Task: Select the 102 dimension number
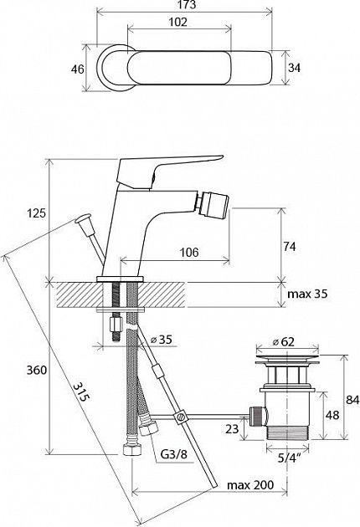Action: point(177,22)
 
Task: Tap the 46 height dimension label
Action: point(77,69)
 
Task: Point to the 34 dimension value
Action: point(294,68)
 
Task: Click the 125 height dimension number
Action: point(36,212)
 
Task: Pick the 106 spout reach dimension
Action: point(189,252)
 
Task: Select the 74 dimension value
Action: point(289,247)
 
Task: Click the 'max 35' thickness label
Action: point(307,294)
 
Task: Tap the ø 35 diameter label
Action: point(161,340)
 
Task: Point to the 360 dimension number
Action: point(36,370)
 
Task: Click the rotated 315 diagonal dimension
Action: point(82,391)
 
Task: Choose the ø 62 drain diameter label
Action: point(284,342)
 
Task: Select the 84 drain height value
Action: point(352,400)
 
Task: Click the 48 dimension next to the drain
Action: point(332,415)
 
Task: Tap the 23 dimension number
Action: point(232,429)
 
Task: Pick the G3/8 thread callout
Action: point(173,455)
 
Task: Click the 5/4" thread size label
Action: point(287,458)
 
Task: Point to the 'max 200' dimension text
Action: point(250,485)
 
